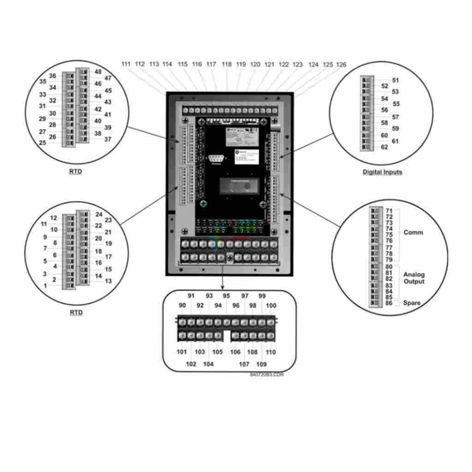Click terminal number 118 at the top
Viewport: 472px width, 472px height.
pos(227,65)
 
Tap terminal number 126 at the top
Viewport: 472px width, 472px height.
pos(341,65)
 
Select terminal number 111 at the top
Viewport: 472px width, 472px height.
pos(126,64)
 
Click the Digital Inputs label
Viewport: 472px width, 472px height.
pos(382,172)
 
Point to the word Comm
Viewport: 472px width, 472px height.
pos(413,232)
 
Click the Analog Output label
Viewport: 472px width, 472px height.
pos(414,278)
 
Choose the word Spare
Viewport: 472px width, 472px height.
pos(412,303)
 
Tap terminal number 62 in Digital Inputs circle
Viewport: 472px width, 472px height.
pos(384,147)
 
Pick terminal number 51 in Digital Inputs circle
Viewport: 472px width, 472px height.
pos(395,80)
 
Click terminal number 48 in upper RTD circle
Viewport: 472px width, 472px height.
pos(98,72)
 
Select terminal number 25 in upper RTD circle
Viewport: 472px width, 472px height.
pos(42,143)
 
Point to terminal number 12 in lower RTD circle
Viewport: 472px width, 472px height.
pos(54,218)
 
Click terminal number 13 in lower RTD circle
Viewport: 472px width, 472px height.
pos(108,281)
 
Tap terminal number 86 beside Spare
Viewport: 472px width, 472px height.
pos(389,303)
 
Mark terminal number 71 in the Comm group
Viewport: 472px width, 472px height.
pos(389,211)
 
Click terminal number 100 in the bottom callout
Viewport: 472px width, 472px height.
pos(271,306)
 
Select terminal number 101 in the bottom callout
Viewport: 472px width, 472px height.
pos(182,352)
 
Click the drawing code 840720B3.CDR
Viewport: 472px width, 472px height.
pos(267,375)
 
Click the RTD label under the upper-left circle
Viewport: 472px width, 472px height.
pos(76,172)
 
